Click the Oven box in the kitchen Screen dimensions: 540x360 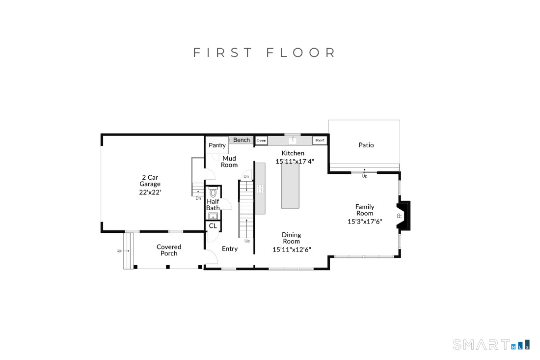point(261,140)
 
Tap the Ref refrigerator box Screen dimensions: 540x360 point(320,140)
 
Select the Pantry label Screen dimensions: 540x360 point(217,145)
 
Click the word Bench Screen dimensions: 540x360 point(242,140)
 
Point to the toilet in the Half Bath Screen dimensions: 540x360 point(213,192)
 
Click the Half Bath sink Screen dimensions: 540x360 point(213,217)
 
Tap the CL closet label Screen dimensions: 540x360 point(213,225)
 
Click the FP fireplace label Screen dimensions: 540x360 point(400,216)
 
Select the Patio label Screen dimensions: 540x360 point(366,145)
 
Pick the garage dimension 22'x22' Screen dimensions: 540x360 point(150,192)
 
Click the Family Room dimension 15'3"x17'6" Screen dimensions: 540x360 point(365,222)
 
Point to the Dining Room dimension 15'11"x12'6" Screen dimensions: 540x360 point(292,250)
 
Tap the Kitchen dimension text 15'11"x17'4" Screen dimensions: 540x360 point(295,161)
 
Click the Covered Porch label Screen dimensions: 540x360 point(169,250)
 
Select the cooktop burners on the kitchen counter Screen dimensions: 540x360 point(260,189)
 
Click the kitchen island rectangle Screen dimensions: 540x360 point(290,185)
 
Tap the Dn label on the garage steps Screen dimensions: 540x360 point(198,198)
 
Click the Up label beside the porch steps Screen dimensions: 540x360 point(119,251)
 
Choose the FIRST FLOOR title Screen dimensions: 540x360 point(264,53)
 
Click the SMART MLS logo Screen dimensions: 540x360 point(491,344)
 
